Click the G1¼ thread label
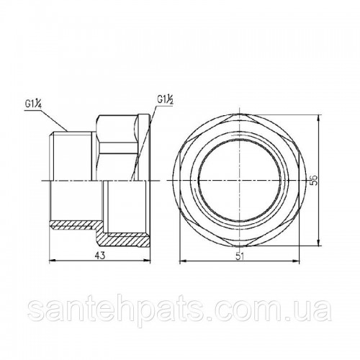[x=33, y=105]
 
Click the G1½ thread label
[x=166, y=99]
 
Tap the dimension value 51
[x=240, y=256]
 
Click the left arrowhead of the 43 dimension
[x=53, y=260]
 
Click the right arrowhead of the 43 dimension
[x=147, y=260]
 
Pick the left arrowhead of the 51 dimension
[x=183, y=261]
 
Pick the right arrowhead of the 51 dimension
[x=296, y=261]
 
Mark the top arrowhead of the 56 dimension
[x=318, y=118]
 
